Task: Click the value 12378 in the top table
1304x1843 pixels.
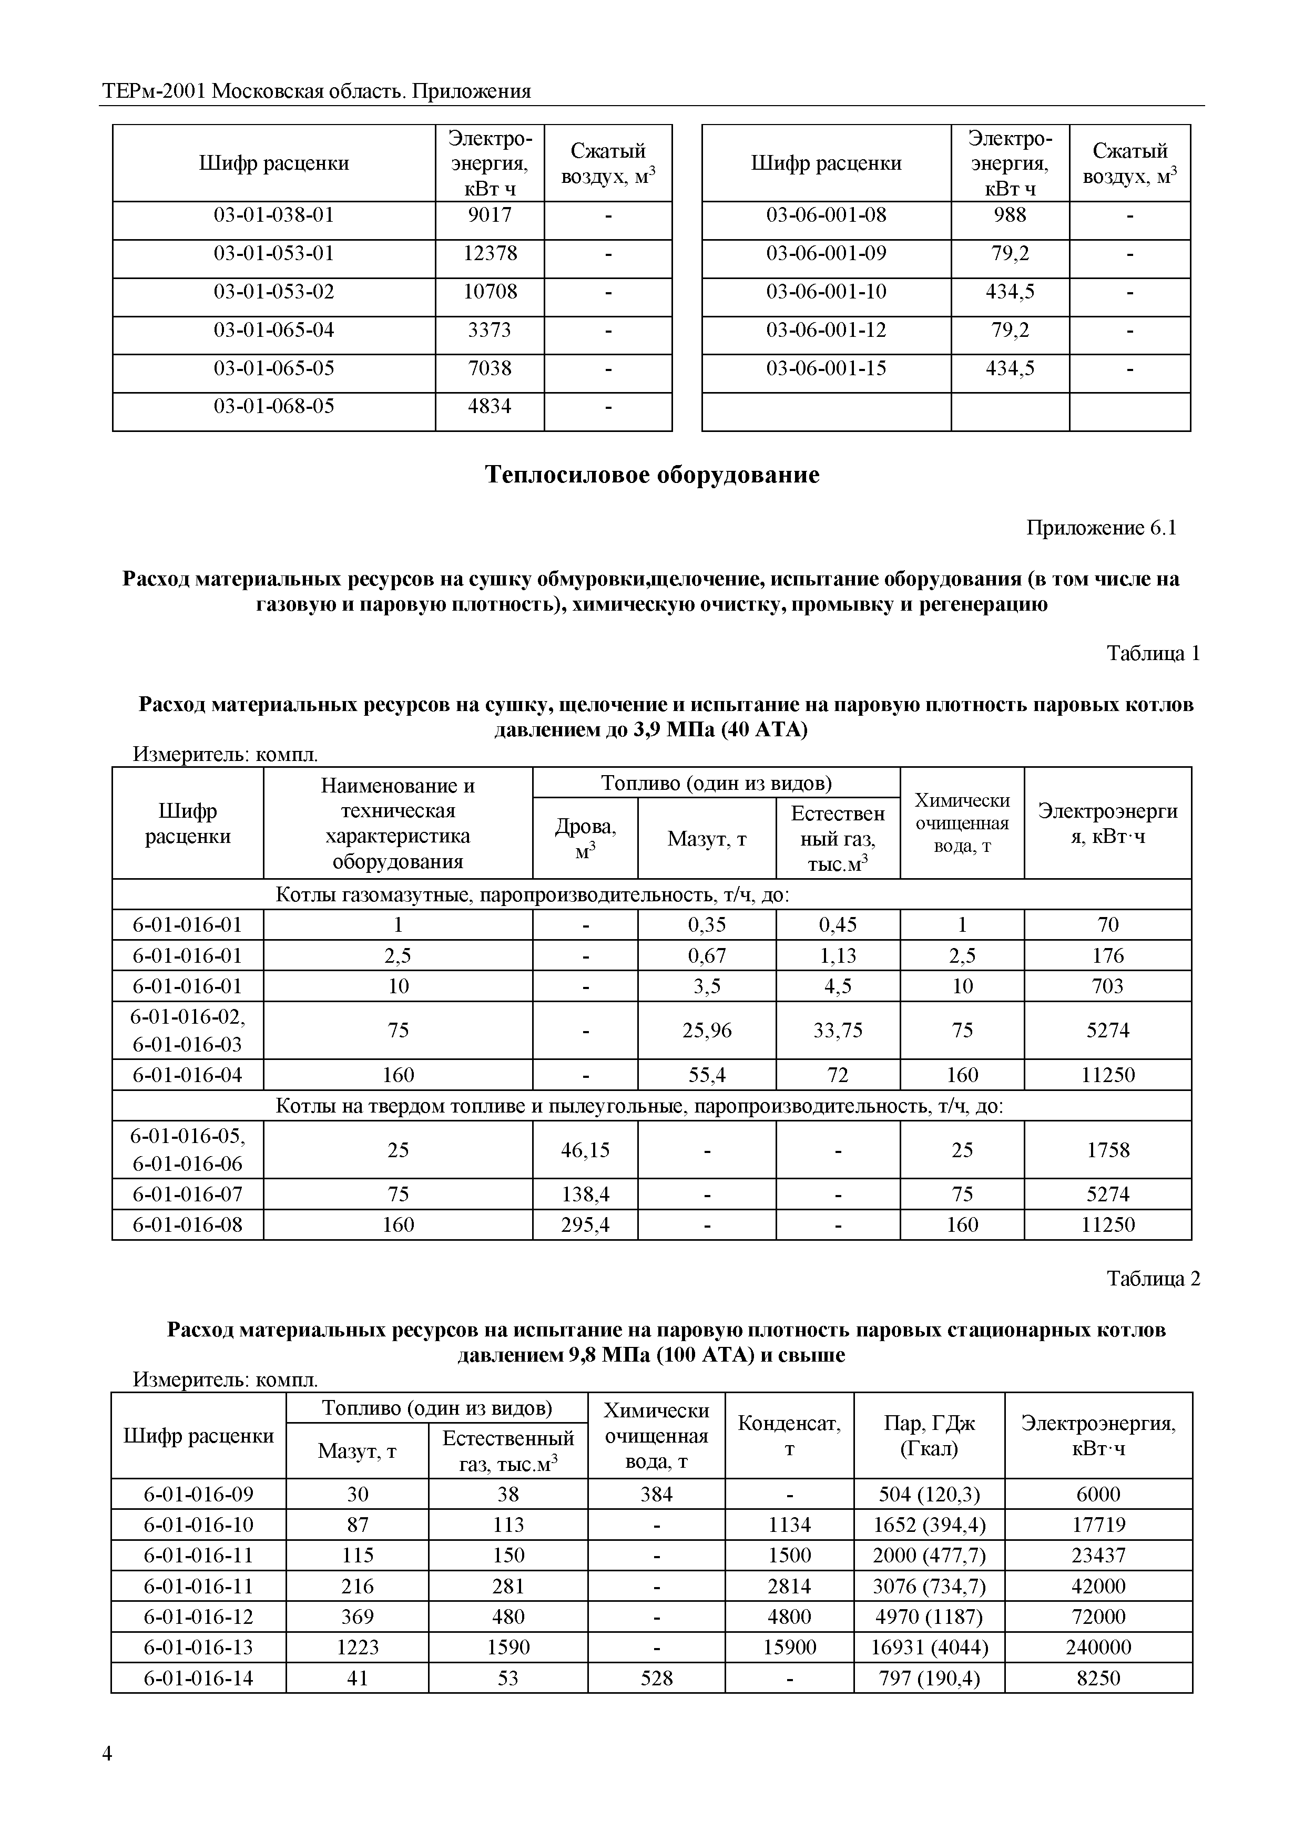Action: pos(490,254)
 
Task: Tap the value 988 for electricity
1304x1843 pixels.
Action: pos(1010,215)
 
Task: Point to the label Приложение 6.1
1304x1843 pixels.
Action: pos(1101,528)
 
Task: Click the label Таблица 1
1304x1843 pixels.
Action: pos(1152,653)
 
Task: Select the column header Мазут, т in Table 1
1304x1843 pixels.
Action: pos(707,839)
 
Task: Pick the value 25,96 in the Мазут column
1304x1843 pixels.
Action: pos(707,1030)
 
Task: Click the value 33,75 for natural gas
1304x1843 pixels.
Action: pos(838,1030)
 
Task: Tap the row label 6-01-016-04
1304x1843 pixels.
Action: pos(187,1075)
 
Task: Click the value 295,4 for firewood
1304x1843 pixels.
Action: pos(585,1225)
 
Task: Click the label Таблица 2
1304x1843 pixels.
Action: pos(1152,1279)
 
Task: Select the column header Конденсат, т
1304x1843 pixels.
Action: pos(789,1436)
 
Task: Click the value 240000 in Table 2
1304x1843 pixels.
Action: pos(1098,1647)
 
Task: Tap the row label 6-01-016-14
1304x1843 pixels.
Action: pos(198,1677)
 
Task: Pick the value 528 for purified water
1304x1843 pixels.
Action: pos(656,1677)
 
